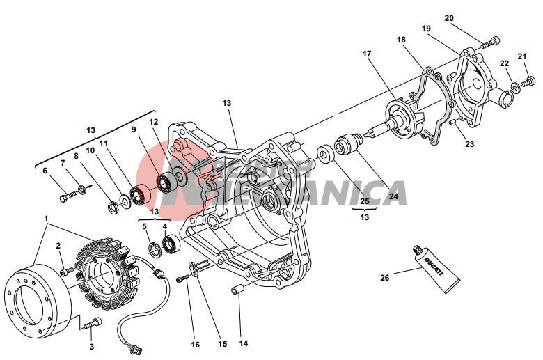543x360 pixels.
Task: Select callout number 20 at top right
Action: click(449, 17)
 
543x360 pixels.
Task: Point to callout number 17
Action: click(367, 54)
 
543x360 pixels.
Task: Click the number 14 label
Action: click(244, 343)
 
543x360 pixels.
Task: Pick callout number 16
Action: click(196, 344)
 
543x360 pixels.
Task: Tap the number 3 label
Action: click(92, 346)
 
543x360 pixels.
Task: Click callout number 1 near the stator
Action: click(46, 218)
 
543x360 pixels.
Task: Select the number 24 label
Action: click(393, 196)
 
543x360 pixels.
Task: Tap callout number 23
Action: click(469, 145)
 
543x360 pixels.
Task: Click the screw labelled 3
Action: click(92, 323)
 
